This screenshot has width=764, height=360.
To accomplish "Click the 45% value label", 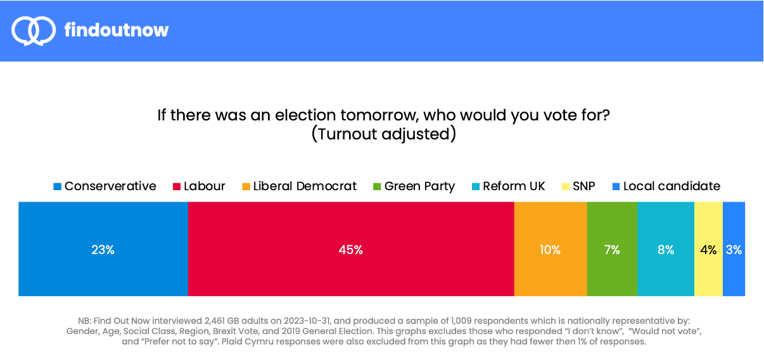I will click(351, 250).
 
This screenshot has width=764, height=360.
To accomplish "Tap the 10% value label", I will click(551, 250).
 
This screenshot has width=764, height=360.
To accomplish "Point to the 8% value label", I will click(665, 250).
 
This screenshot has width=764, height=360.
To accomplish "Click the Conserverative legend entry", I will click(105, 186).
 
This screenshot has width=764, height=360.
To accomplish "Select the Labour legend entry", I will click(199, 186).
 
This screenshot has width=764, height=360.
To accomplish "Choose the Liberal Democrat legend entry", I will click(299, 186).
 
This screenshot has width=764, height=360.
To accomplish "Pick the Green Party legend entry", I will click(414, 186).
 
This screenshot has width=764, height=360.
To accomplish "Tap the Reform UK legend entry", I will click(508, 186).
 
